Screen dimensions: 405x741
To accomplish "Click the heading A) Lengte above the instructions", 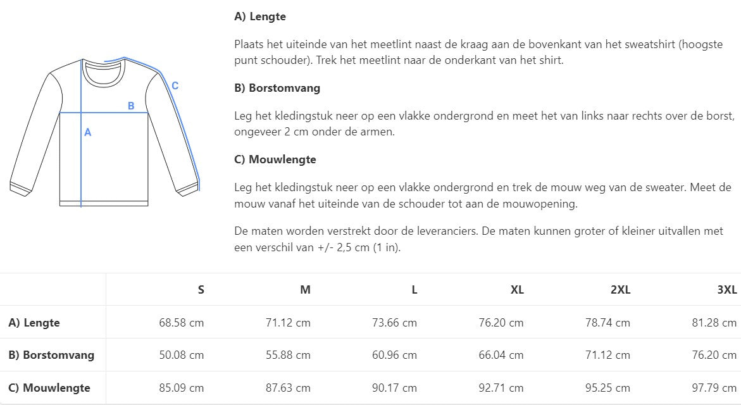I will tap(260, 17).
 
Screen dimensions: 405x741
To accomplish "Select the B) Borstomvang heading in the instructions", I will tap(277, 88).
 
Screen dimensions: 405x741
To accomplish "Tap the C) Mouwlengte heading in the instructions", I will tap(275, 159).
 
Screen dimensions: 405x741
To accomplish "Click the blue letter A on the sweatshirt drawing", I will tap(88, 132).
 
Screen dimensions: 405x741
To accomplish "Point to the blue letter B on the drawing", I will tap(131, 106).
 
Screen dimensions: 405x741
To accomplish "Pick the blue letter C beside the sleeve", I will tap(175, 86).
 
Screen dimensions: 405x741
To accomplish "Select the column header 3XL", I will tap(727, 290).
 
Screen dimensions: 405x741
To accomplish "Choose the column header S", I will tap(201, 290).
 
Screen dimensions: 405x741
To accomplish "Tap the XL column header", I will tap(517, 290).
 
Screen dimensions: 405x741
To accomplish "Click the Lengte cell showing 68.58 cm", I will tap(182, 323).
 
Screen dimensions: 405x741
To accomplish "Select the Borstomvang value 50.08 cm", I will tap(182, 355).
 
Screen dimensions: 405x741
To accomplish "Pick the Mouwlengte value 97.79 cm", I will tap(714, 388).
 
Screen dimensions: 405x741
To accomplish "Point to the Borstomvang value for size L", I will tap(395, 355).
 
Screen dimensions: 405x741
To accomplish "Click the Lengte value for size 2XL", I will tap(608, 323).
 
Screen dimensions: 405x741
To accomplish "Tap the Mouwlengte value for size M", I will tap(288, 388).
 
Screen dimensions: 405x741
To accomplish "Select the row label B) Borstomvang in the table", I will tap(51, 355).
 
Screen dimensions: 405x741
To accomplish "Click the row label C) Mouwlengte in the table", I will tap(49, 388).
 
